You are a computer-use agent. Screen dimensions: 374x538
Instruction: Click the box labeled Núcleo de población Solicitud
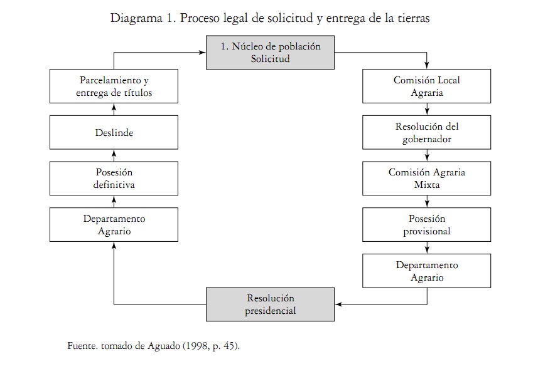click(x=270, y=53)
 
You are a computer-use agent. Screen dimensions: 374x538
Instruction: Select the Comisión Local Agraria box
click(x=427, y=86)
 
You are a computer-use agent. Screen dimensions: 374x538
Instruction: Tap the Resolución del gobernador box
click(x=427, y=133)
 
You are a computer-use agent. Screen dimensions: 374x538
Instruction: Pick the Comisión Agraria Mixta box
click(x=427, y=179)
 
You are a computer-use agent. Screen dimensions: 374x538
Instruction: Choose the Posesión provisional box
click(x=427, y=225)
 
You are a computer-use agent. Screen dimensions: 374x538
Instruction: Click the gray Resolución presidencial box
click(x=270, y=304)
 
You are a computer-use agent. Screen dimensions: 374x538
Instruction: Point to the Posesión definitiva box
click(x=114, y=179)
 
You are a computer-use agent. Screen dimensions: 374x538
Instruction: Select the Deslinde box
click(x=114, y=133)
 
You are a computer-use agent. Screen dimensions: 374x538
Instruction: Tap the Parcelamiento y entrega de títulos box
click(x=114, y=86)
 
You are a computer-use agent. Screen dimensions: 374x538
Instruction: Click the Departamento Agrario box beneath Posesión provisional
click(x=427, y=271)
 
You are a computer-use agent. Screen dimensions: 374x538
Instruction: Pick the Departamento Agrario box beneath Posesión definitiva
click(x=114, y=225)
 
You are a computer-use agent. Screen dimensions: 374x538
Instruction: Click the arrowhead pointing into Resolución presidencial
click(x=338, y=304)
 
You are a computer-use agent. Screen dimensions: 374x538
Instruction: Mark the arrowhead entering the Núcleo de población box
click(x=202, y=53)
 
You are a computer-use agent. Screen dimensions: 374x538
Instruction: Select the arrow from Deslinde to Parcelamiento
click(x=114, y=109)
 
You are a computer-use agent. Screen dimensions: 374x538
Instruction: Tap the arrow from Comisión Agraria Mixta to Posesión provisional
click(x=427, y=202)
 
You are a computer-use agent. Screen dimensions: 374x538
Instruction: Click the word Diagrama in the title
click(x=136, y=18)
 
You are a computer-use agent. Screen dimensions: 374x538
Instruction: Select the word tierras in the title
click(x=413, y=18)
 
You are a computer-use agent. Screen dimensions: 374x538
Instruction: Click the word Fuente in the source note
click(x=82, y=345)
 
